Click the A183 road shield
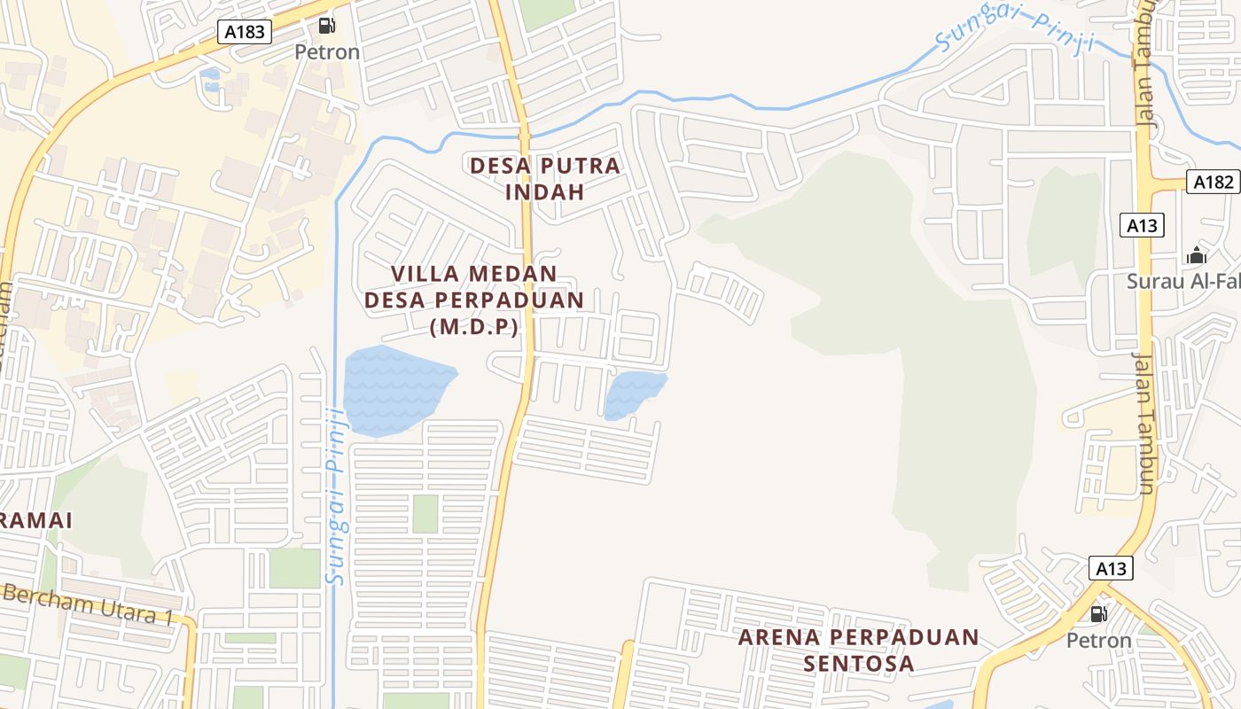(x=245, y=32)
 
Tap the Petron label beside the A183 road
(x=327, y=51)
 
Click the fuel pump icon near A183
(x=327, y=26)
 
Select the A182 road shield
(x=1213, y=183)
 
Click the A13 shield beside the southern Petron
(x=1110, y=568)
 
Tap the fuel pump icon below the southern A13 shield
(x=1098, y=613)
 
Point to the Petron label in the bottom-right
(x=1098, y=640)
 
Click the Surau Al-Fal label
(x=1182, y=282)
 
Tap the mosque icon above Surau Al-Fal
(x=1197, y=256)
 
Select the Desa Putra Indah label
(x=545, y=178)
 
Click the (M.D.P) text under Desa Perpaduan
(x=473, y=326)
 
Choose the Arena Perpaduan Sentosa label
(x=858, y=650)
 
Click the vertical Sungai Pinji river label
(x=336, y=496)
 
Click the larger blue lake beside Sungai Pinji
(x=394, y=390)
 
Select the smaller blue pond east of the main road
(x=633, y=393)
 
